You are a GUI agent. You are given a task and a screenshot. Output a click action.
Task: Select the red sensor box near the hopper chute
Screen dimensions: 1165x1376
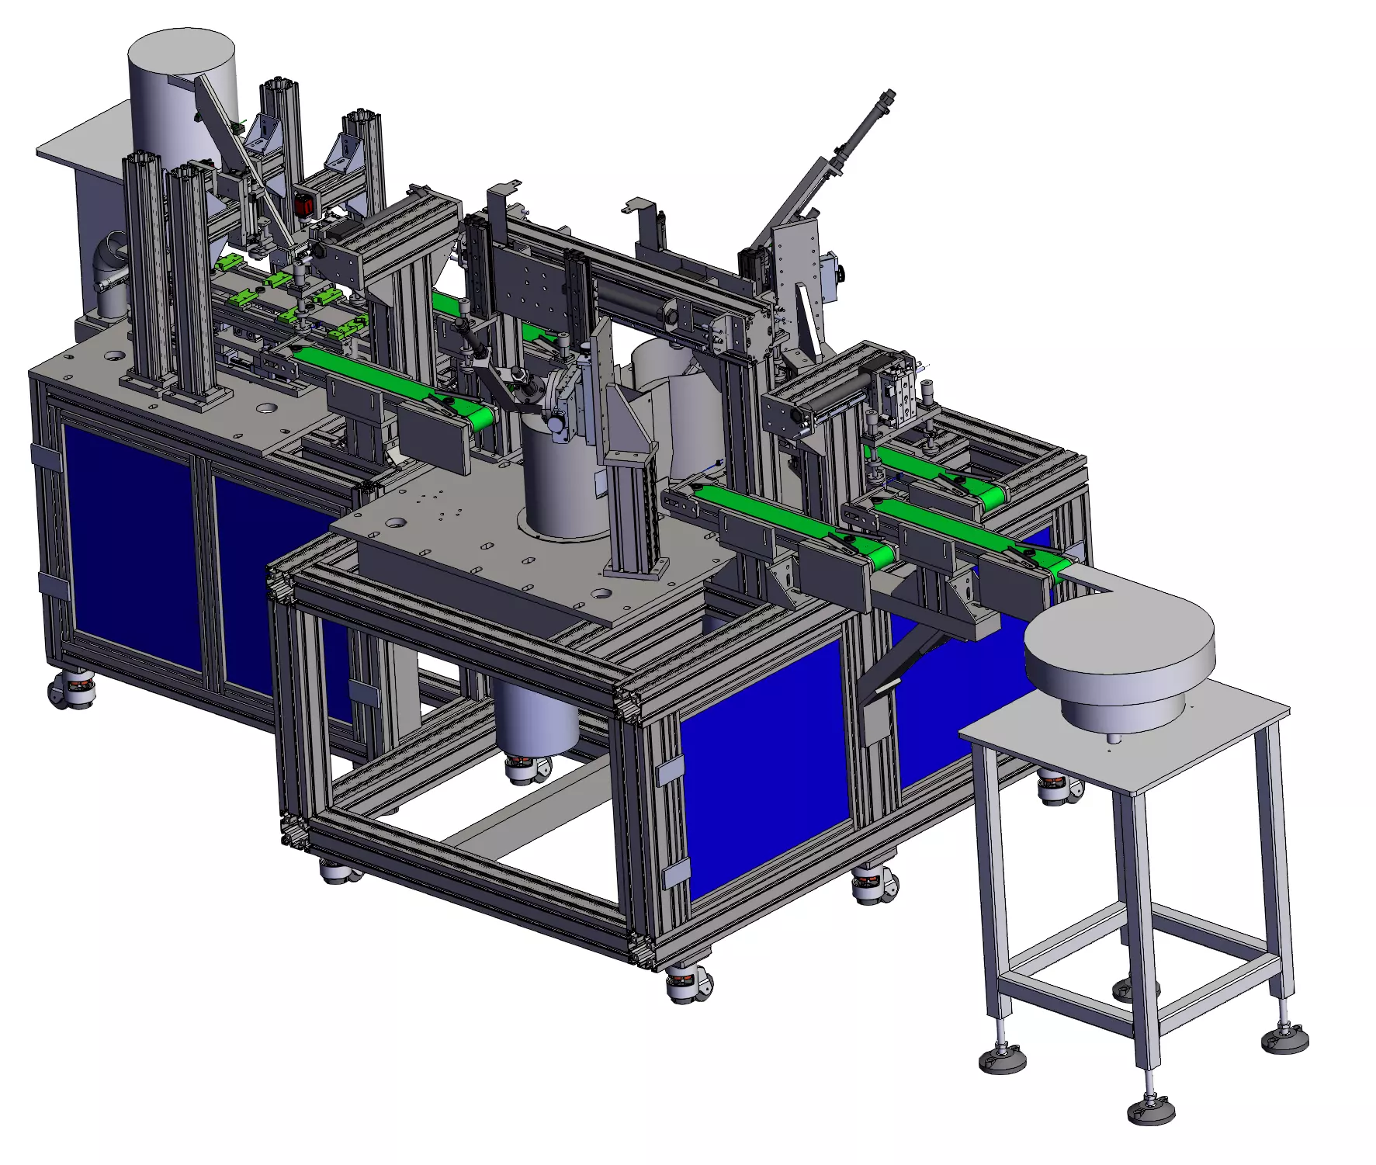[304, 206]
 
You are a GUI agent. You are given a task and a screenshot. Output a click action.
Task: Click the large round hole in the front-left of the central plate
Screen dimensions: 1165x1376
[397, 522]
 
